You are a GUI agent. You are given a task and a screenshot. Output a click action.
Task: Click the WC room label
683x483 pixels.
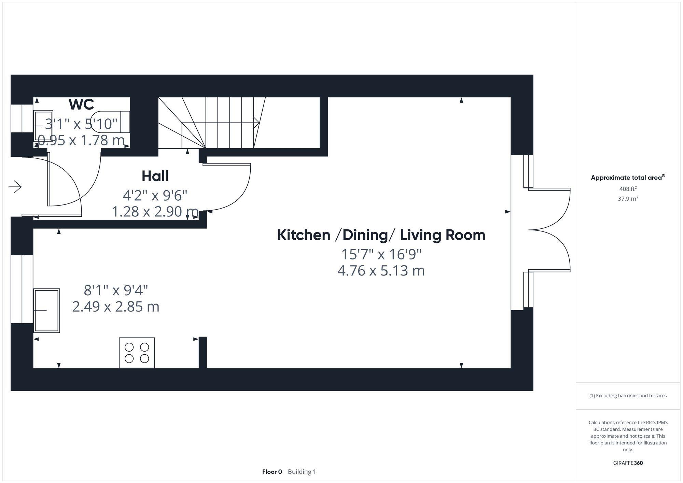coord(81,104)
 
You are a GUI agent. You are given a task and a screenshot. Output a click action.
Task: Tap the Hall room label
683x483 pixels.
coord(155,176)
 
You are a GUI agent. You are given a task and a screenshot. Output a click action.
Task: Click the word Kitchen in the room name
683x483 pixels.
coord(304,235)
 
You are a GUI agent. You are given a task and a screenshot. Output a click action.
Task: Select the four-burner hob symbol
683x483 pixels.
coord(137,353)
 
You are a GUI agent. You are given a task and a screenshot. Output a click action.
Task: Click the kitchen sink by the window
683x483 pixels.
coord(47,311)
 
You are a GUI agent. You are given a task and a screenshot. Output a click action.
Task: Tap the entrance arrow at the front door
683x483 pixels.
coord(15,187)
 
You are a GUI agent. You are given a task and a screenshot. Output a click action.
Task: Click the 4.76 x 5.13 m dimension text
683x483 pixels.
coord(381,271)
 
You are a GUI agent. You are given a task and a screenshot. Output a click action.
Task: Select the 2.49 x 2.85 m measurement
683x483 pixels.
coord(115,307)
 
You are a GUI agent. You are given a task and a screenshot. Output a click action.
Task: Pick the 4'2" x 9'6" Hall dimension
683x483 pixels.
coord(155,196)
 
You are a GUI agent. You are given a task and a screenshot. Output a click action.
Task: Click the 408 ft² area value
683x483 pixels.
coord(628,189)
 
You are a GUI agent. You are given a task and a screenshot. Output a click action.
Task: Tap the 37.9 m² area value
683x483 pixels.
coord(628,198)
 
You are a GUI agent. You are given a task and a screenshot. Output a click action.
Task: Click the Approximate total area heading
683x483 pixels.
coord(627,177)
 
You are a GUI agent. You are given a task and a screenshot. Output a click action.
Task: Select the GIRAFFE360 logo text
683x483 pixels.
coord(628,463)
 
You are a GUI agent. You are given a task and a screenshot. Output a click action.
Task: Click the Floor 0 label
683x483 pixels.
coord(272,472)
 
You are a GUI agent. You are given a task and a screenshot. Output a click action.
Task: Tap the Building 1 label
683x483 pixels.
coord(302,472)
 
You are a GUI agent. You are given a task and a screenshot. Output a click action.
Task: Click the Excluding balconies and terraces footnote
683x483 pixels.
coord(628,396)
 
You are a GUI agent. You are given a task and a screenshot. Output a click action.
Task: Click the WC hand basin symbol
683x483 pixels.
coord(43,126)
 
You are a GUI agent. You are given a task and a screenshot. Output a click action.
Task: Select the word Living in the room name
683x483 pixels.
coord(419,235)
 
